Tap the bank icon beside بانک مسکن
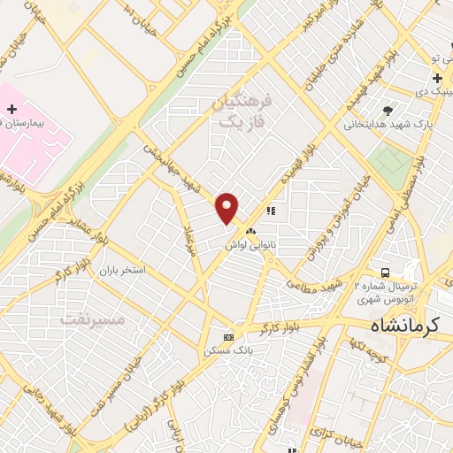pyautogui.click(x=229, y=337)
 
